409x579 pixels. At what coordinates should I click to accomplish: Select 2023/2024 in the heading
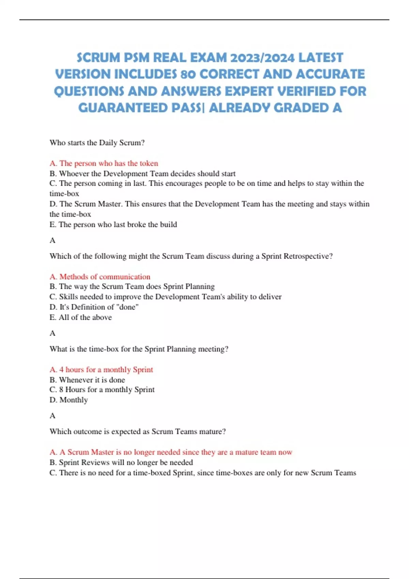pyautogui.click(x=262, y=58)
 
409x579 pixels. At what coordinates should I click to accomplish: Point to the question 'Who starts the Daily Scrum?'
pyautogui.click(x=97, y=143)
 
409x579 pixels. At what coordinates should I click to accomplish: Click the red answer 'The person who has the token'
pyautogui.click(x=104, y=163)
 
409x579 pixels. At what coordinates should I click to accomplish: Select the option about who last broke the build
pyautogui.click(x=113, y=224)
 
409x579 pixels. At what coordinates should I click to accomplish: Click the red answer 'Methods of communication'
pyautogui.click(x=100, y=277)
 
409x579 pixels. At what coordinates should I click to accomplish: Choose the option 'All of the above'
pyautogui.click(x=81, y=317)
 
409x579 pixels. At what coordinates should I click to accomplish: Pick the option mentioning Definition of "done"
pyautogui.click(x=94, y=307)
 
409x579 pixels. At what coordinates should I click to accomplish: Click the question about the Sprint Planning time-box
pyautogui.click(x=139, y=349)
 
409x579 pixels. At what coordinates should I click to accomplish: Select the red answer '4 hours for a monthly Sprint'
pyautogui.click(x=101, y=370)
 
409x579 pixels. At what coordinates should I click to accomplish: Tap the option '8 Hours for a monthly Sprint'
pyautogui.click(x=102, y=390)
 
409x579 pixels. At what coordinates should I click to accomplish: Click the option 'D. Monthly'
pyautogui.click(x=69, y=400)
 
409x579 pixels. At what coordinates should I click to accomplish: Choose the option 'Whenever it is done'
pyautogui.click(x=87, y=380)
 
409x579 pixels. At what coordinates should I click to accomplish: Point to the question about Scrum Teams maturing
pyautogui.click(x=138, y=432)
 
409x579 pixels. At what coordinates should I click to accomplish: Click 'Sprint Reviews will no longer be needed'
pyautogui.click(x=121, y=463)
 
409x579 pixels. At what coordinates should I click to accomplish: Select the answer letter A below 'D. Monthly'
pyautogui.click(x=52, y=416)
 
